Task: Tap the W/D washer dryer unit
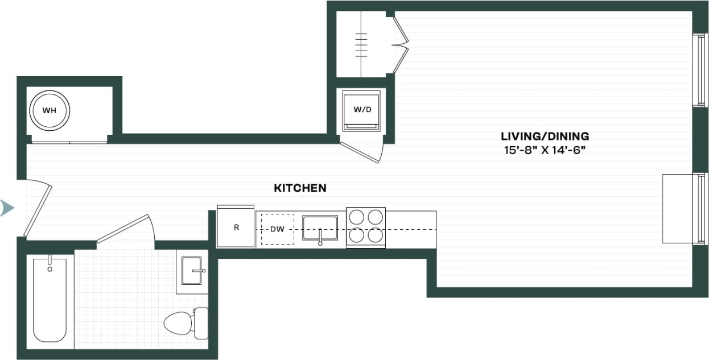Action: pyautogui.click(x=362, y=110)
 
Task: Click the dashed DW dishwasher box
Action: pyautogui.click(x=277, y=229)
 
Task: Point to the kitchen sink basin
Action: pyautogui.click(x=320, y=228)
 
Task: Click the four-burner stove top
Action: pyautogui.click(x=366, y=227)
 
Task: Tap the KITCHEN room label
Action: pyautogui.click(x=300, y=188)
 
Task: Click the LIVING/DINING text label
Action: pyautogui.click(x=545, y=136)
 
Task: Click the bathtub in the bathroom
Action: pyautogui.click(x=50, y=300)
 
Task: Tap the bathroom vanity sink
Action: pyautogui.click(x=192, y=271)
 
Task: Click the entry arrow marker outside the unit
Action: pyautogui.click(x=7, y=208)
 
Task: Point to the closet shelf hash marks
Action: pyautogui.click(x=361, y=44)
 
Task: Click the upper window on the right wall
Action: pyautogui.click(x=700, y=70)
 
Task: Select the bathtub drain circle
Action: pyautogui.click(x=50, y=268)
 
